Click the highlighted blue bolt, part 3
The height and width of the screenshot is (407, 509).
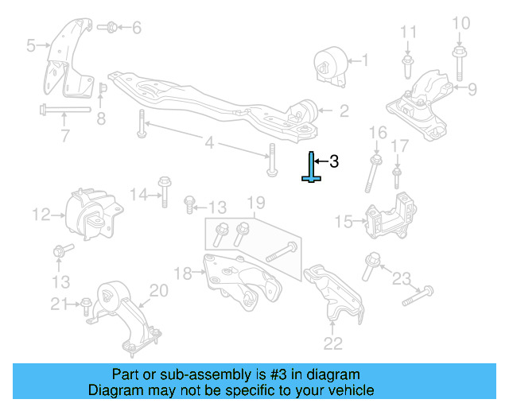[311, 168]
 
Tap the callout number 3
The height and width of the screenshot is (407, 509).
[334, 161]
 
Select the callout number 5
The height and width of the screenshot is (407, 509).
[30, 46]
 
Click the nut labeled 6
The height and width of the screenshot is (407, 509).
[111, 28]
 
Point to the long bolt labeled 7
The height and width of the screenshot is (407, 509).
[64, 110]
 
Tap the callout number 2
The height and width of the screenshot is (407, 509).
[344, 112]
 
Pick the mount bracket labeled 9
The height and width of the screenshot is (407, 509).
[425, 99]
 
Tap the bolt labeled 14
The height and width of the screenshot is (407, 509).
[163, 191]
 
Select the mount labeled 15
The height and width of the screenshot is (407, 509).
[389, 217]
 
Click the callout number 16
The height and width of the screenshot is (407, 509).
[379, 132]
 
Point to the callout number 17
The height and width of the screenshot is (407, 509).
[401, 145]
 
